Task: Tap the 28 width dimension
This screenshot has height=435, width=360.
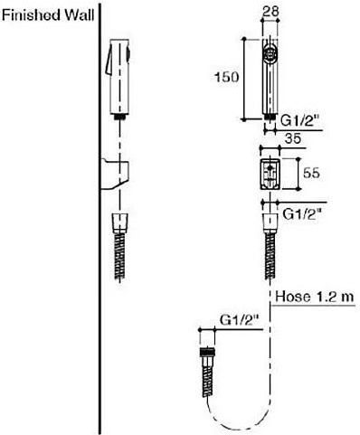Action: tap(270, 12)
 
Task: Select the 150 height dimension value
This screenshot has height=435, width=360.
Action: tap(227, 77)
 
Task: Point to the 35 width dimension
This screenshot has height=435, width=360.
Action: tap(292, 138)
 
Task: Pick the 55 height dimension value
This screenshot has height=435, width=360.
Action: tap(311, 173)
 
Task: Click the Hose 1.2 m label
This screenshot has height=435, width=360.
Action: tap(314, 297)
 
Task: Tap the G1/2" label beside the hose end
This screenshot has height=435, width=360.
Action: tap(241, 320)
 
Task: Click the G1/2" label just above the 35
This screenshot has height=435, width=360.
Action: tap(300, 121)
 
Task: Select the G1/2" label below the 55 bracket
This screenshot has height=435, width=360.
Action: tap(303, 214)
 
